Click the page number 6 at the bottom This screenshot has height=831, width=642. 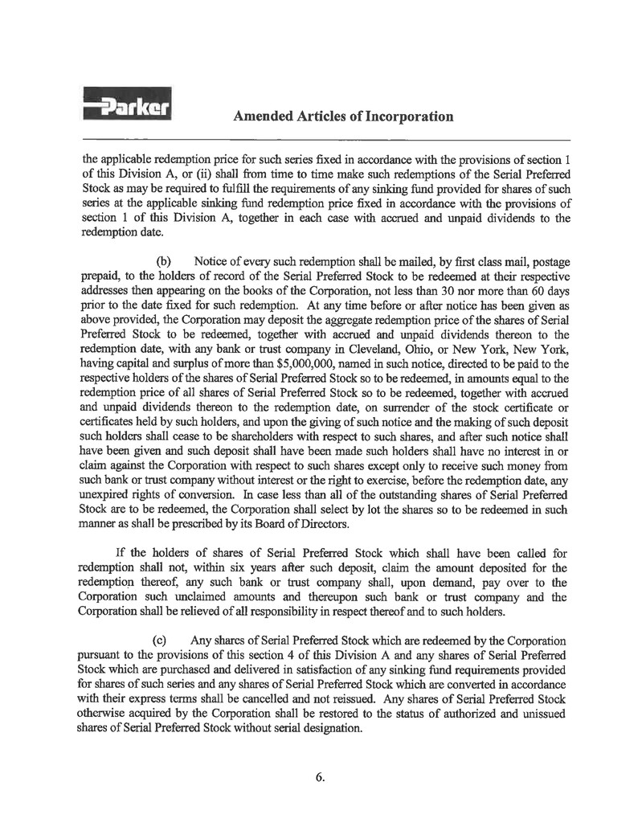[x=320, y=777]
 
